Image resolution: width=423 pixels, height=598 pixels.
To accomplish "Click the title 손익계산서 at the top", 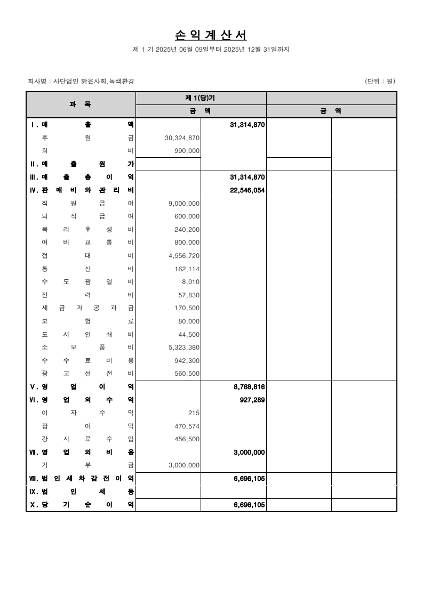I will click(211, 35).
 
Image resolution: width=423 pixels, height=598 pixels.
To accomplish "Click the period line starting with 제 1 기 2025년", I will click(211, 50).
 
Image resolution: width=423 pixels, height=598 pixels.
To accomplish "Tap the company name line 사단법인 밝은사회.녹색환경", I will click(81, 82).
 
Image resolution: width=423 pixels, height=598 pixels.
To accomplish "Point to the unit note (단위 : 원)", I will click(380, 82).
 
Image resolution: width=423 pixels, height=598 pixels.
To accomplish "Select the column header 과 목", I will click(81, 104).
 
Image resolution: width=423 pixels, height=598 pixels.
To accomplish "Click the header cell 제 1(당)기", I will click(200, 98).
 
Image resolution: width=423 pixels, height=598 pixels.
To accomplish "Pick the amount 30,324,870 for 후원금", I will click(182, 138).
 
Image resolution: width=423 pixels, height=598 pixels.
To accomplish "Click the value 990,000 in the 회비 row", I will click(187, 151).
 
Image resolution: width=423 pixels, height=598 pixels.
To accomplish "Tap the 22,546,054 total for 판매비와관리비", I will click(248, 190).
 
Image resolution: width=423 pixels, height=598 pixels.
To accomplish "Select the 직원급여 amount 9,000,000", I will click(184, 203).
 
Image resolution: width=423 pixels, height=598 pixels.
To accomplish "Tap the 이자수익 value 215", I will click(194, 413).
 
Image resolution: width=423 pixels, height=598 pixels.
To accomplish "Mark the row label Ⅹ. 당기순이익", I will click(82, 505).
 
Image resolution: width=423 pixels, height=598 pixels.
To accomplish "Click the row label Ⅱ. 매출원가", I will click(82, 164).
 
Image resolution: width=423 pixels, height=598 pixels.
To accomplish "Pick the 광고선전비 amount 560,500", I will click(187, 374).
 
